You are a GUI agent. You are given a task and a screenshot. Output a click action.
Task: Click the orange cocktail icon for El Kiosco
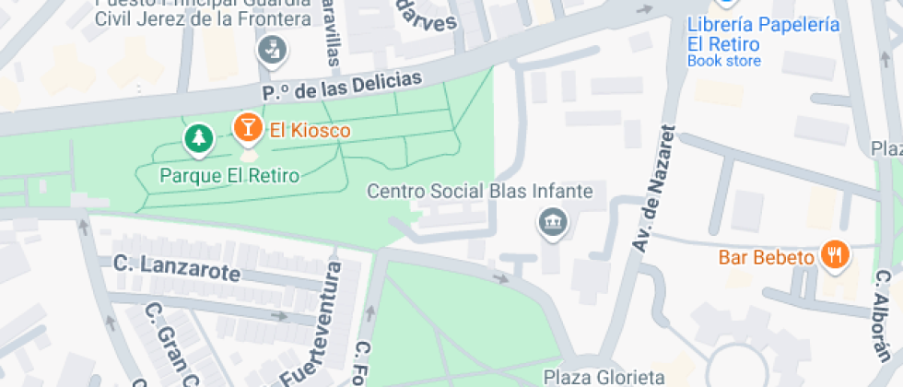point(247,128)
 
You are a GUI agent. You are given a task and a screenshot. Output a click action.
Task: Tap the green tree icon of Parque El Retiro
point(197,139)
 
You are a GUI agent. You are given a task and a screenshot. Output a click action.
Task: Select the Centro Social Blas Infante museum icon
point(553,222)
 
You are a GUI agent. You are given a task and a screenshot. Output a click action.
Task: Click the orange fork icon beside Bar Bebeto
point(836,255)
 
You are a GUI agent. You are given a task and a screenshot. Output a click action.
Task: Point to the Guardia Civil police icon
point(272,50)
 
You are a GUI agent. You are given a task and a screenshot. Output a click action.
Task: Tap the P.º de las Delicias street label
point(342,86)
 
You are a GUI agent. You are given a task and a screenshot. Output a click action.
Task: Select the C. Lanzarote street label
point(176,268)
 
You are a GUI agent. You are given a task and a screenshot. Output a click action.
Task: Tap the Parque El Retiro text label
point(229,175)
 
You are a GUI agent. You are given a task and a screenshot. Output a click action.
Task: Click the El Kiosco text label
point(310,131)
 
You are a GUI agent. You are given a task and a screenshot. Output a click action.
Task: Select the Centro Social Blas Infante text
point(479,192)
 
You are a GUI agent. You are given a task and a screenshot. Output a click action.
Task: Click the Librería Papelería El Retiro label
point(763,34)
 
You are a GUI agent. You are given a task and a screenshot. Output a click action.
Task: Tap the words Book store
point(724,61)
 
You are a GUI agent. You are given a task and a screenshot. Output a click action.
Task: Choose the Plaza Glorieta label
point(604,377)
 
